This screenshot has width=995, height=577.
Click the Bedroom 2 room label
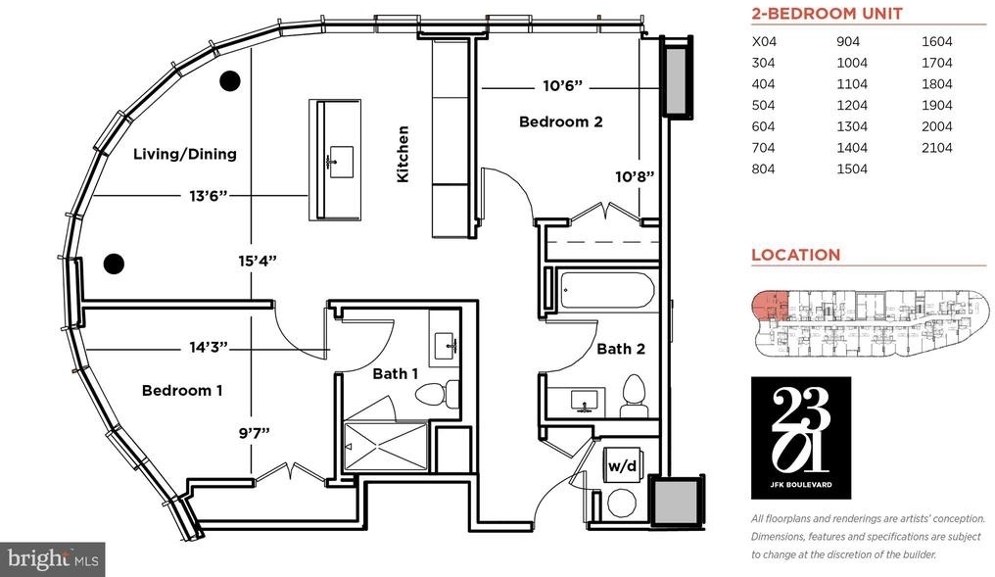(560, 121)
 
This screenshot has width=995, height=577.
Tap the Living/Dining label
(185, 154)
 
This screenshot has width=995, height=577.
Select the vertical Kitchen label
(403, 154)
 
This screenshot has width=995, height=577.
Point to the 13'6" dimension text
(209, 196)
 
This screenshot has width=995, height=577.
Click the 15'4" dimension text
(258, 261)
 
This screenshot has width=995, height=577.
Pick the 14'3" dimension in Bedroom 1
(209, 347)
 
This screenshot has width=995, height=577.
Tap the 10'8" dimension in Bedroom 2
(635, 176)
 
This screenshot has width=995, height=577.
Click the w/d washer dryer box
(623, 466)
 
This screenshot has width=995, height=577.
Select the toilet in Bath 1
(438, 394)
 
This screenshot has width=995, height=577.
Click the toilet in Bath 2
(634, 396)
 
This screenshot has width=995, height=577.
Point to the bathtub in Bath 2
(606, 291)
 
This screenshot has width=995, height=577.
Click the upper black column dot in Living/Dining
(230, 80)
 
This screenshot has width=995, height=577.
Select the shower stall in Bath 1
(386, 447)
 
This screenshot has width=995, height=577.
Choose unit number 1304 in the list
(852, 126)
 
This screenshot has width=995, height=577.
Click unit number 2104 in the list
(936, 147)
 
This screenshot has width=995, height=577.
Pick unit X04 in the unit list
(764, 42)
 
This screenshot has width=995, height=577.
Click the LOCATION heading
(796, 255)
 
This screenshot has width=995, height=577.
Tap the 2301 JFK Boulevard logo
(801, 437)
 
